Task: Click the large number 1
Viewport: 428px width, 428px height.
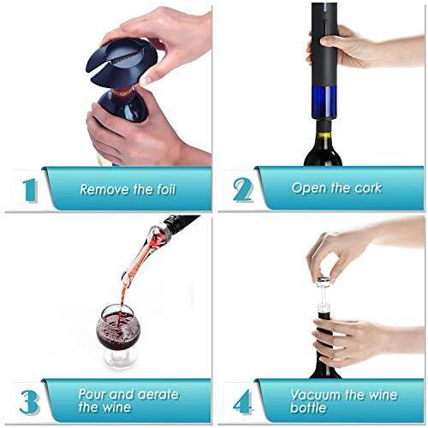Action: (30, 191)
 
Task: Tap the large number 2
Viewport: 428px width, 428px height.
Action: (243, 190)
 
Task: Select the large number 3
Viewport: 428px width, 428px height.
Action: (29, 401)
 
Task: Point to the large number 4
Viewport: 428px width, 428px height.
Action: (243, 401)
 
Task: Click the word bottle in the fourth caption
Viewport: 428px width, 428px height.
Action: (308, 407)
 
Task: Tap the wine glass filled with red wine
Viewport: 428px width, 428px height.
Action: (118, 336)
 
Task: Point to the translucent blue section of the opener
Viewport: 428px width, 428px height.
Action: (324, 103)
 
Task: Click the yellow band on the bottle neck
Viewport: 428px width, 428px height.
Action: (324, 134)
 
